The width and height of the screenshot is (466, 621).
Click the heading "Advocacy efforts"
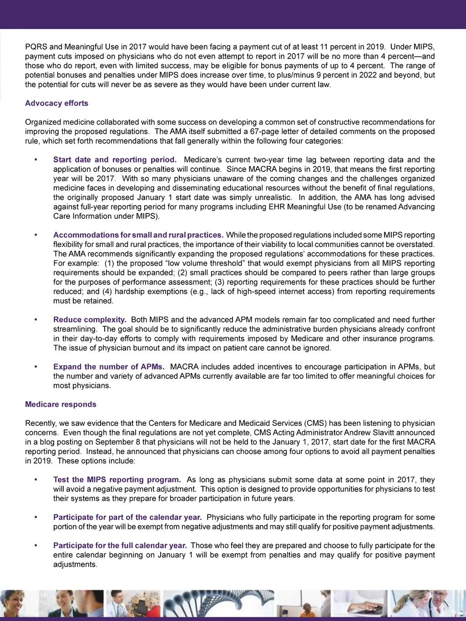[x=56, y=103]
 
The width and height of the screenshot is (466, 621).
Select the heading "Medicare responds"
[x=61, y=404]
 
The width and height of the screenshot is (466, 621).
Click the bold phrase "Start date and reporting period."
[x=115, y=160]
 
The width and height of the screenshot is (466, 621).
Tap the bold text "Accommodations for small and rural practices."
[x=138, y=235]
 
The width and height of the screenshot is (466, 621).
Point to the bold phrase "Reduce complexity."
[x=90, y=320]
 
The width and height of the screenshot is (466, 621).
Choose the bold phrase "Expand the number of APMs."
[x=109, y=367]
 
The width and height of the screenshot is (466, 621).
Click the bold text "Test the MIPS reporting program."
[x=117, y=480]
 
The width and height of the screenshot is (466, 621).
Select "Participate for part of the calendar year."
[x=127, y=517]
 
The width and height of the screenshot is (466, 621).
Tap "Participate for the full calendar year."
[x=120, y=545]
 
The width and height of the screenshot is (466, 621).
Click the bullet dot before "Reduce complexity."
[x=36, y=320]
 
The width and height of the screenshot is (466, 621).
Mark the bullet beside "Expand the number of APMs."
[x=36, y=367]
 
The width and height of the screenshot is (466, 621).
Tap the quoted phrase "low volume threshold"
[x=172, y=263]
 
